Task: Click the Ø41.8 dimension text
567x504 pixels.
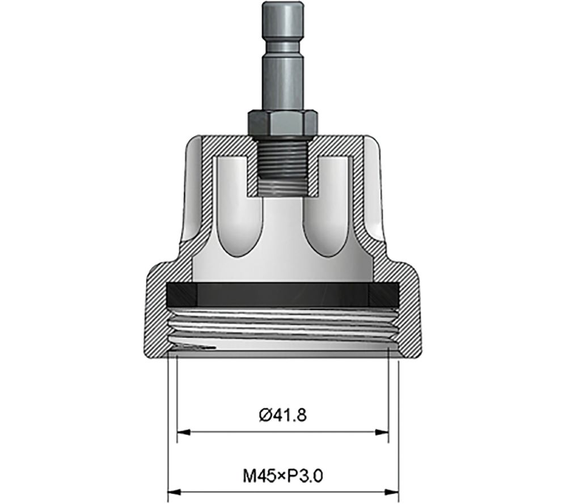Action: click(282, 415)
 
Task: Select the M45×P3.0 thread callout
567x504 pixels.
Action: click(282, 473)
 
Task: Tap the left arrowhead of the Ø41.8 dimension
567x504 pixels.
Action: click(182, 433)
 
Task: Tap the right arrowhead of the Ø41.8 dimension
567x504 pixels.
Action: click(384, 433)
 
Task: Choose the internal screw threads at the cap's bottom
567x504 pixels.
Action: click(283, 329)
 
